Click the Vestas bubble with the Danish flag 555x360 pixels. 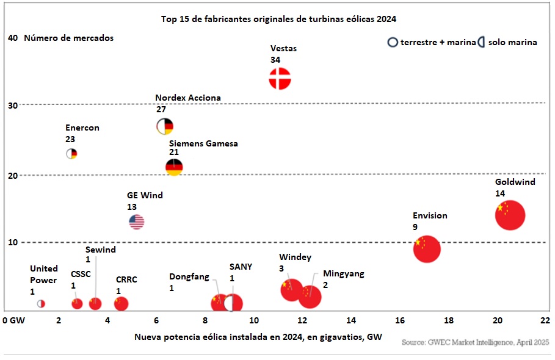coord(280,79)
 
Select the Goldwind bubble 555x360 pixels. coord(510,215)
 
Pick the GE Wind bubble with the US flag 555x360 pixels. coord(136,221)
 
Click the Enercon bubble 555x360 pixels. coord(71,154)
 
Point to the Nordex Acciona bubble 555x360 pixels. coord(165,126)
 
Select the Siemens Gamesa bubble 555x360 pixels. coord(174,167)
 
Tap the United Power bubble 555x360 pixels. coord(41,303)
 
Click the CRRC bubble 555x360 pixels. coord(121,303)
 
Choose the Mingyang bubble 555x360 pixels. coord(310,297)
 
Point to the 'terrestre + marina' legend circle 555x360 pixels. coord(393,43)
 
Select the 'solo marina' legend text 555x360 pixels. coord(512,43)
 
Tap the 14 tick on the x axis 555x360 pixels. coord(351,320)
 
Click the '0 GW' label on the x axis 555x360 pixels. coord(14,320)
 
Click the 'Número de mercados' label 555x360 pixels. coord(68,38)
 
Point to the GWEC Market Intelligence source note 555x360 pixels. coord(476,343)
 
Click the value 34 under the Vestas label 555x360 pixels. coord(275,60)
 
